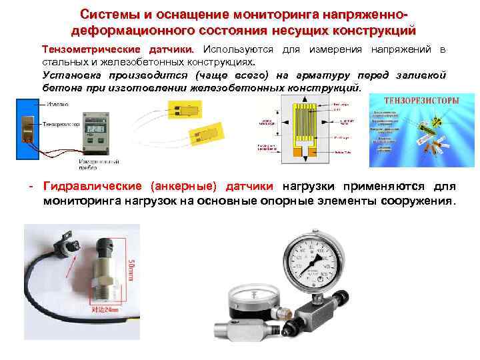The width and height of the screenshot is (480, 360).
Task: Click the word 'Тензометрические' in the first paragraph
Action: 88,50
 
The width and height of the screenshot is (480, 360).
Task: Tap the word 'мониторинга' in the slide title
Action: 268,14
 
